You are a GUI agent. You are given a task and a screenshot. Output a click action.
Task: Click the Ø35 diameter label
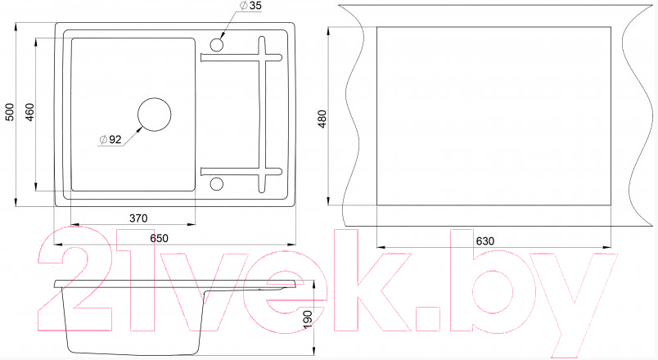pos(250,6)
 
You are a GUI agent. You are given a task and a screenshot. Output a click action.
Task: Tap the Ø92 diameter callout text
pos(110,140)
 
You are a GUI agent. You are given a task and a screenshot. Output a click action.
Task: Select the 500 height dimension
pos(9,112)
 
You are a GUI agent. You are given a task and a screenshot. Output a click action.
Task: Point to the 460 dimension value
pos(29,112)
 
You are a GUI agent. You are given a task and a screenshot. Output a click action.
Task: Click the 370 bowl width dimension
pos(138,218)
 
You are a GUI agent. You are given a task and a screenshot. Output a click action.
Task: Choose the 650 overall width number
pos(159,238)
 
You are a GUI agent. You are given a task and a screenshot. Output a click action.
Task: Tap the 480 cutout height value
pos(322,119)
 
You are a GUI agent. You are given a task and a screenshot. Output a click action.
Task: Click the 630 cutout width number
pos(485,241)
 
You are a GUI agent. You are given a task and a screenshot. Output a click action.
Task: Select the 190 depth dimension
pos(309,319)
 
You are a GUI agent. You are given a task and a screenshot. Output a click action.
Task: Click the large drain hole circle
pos(155,98)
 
